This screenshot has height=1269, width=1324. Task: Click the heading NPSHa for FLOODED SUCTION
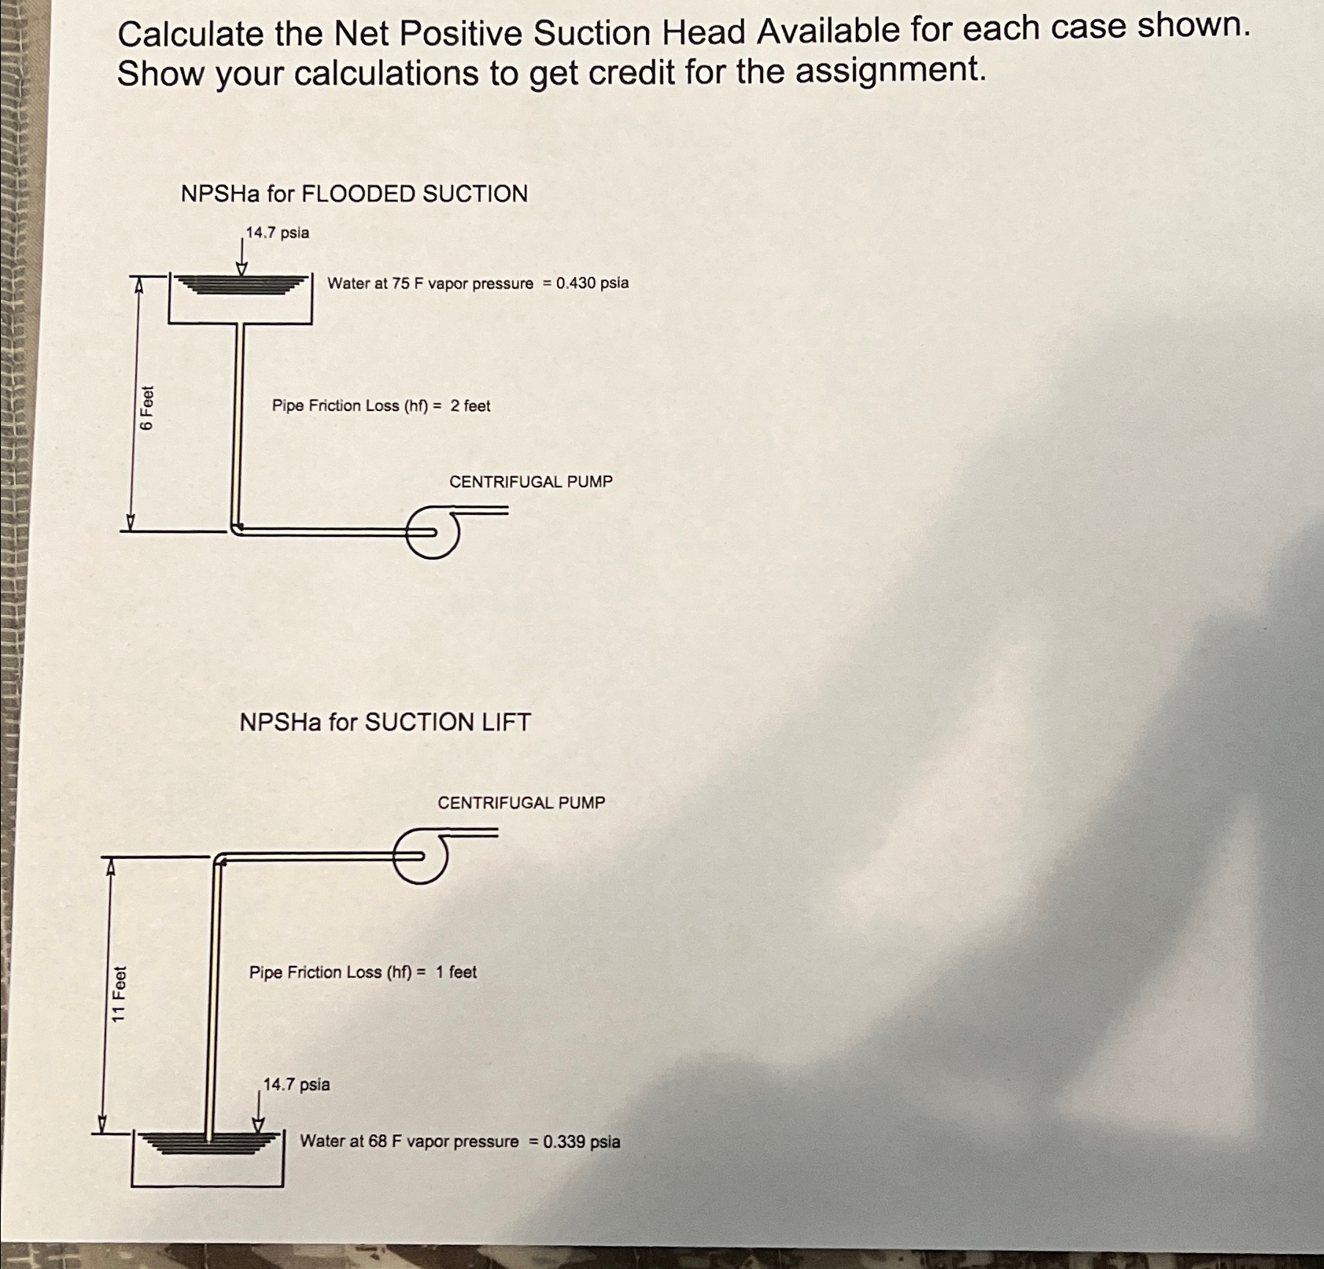[x=354, y=194]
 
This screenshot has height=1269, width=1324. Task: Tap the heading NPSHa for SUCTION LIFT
[x=385, y=722]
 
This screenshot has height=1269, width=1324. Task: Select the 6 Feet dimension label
[x=147, y=408]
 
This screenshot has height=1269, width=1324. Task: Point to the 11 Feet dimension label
[x=119, y=994]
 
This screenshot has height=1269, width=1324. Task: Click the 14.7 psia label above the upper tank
[x=277, y=233]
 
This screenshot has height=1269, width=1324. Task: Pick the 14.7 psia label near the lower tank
[x=297, y=1084]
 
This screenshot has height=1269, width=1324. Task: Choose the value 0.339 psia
[x=581, y=1141]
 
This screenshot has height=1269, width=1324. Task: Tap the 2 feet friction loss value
[x=470, y=405]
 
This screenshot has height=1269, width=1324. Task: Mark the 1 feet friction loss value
[x=456, y=972]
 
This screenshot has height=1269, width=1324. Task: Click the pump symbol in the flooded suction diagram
[x=433, y=533]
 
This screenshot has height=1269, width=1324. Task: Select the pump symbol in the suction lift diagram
[x=422, y=856]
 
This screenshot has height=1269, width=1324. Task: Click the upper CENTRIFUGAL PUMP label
[x=530, y=482]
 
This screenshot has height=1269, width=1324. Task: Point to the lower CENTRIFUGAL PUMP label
[x=521, y=803]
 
